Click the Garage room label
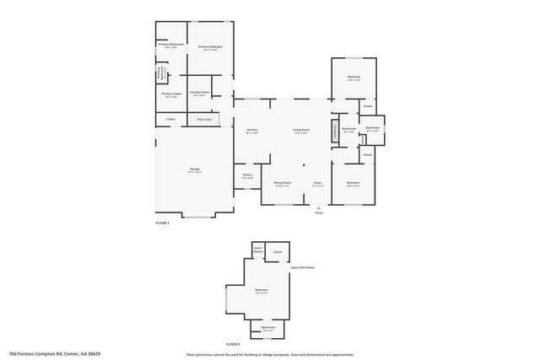click(195, 170)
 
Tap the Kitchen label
click(251, 130)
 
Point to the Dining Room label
click(282, 182)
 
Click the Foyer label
click(318, 182)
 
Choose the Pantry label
click(247, 175)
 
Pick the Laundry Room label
click(199, 93)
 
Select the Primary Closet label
click(171, 94)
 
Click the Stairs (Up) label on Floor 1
click(204, 120)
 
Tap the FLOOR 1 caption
click(163, 223)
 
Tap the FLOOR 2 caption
click(233, 345)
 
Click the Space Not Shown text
click(303, 266)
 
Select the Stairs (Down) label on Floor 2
click(258, 250)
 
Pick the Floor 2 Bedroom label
click(261, 290)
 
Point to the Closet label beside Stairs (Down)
click(278, 251)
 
